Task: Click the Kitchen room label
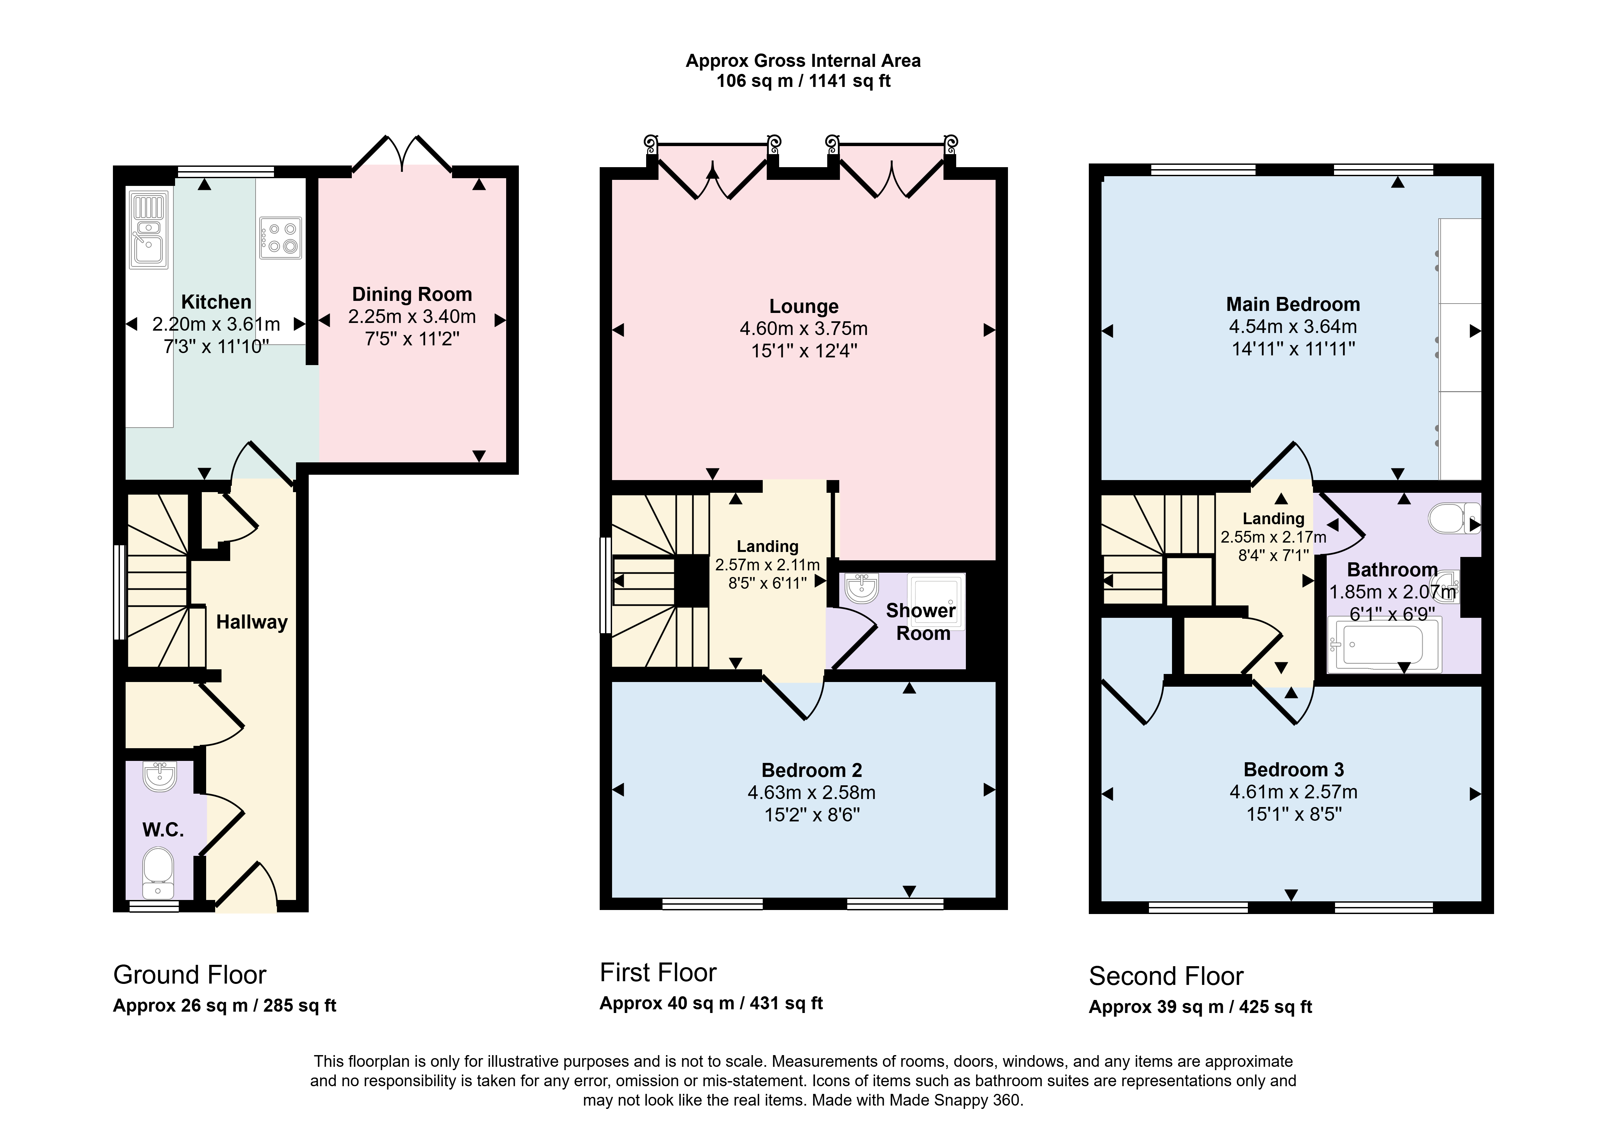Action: [216, 302]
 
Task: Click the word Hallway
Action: [252, 622]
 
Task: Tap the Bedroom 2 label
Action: [812, 770]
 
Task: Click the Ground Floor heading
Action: [190, 975]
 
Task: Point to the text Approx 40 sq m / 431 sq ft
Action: [711, 1003]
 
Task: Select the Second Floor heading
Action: [1166, 976]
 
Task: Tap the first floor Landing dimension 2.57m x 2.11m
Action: [767, 564]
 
